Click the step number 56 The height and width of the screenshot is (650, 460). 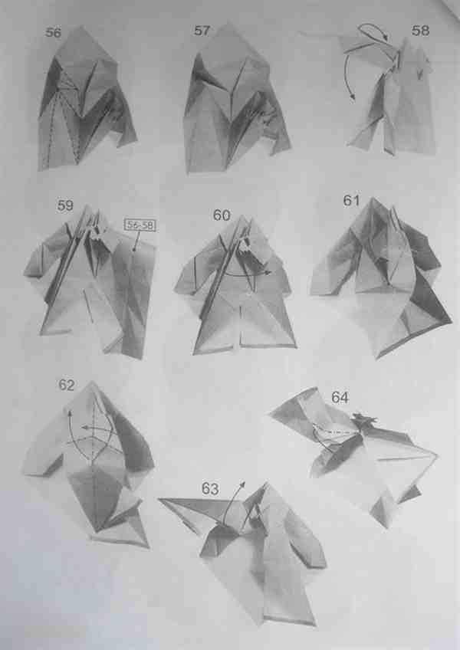pyautogui.click(x=53, y=32)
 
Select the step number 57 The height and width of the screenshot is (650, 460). pyautogui.click(x=202, y=31)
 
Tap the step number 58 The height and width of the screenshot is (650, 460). pyautogui.click(x=420, y=30)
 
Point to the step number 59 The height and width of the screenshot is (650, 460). pyautogui.click(x=65, y=205)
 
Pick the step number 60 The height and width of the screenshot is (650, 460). pyautogui.click(x=222, y=215)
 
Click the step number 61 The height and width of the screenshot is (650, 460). pyautogui.click(x=351, y=201)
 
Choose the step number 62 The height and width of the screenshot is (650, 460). pyautogui.click(x=67, y=385)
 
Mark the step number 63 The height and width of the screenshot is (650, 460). pyautogui.click(x=210, y=489)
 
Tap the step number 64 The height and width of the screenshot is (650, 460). pyautogui.click(x=340, y=398)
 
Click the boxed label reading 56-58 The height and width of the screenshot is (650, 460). pyautogui.click(x=140, y=225)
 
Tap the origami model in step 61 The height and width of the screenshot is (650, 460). pyautogui.click(x=381, y=277)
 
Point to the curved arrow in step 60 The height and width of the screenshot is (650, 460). pyautogui.click(x=245, y=275)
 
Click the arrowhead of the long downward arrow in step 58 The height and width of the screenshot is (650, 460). pyautogui.click(x=353, y=97)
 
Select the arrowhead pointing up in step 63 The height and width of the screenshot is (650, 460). pyautogui.click(x=243, y=484)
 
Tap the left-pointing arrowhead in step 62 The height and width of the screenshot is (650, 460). pyautogui.click(x=84, y=427)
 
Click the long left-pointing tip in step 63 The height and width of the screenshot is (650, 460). pyautogui.click(x=159, y=500)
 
